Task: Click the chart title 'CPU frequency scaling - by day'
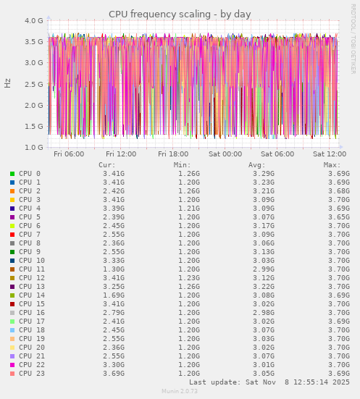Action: (x=180, y=14)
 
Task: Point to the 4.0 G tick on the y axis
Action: (x=33, y=21)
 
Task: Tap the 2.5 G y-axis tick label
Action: (x=33, y=84)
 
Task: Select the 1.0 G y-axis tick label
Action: (x=33, y=147)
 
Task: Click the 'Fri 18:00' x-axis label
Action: (x=173, y=154)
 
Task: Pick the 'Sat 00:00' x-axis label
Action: (x=225, y=154)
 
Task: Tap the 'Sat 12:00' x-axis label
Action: (x=330, y=154)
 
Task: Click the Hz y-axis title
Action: (x=8, y=83)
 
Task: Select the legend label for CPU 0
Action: (x=30, y=174)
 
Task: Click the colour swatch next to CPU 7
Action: (x=12, y=235)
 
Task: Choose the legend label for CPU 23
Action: (x=32, y=374)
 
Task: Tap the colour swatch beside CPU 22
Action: (x=12, y=365)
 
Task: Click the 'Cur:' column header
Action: (x=106, y=164)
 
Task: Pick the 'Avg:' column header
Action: (x=256, y=164)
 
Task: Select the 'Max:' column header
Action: (x=332, y=164)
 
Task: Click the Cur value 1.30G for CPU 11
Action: (x=114, y=269)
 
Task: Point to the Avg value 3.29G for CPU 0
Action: (x=264, y=174)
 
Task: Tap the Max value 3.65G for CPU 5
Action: (x=339, y=217)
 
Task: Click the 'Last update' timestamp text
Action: (x=269, y=382)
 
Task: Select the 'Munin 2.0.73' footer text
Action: (x=180, y=392)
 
